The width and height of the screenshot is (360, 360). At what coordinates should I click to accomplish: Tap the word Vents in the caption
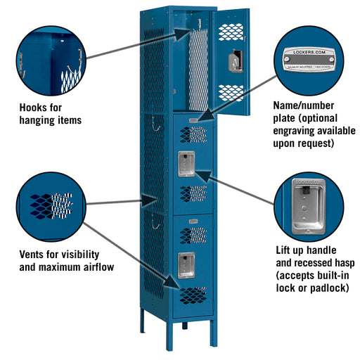[x=34, y=254]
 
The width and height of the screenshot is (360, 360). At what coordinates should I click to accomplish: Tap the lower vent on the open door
[x=231, y=92]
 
